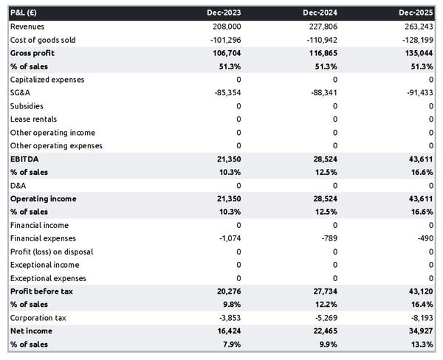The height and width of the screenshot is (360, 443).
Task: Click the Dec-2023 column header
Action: click(224, 13)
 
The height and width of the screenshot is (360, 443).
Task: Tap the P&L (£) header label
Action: click(26, 13)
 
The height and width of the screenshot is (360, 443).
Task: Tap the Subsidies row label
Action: click(27, 106)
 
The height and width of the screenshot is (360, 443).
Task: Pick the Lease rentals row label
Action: click(33, 120)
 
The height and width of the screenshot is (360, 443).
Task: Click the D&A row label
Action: click(18, 186)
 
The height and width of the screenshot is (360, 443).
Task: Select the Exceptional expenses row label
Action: click(47, 279)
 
